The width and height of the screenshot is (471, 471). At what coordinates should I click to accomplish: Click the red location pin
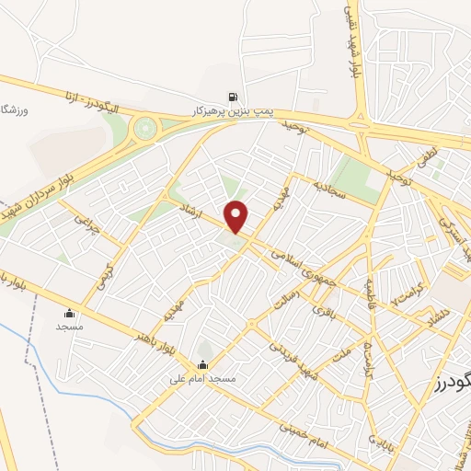pos(237,217)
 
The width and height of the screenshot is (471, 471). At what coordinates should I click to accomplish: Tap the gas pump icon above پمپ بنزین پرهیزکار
pos(233,97)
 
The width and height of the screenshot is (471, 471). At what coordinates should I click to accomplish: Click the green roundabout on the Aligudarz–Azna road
pos(144,128)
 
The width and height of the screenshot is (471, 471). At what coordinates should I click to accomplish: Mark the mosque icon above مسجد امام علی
pos(203,364)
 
